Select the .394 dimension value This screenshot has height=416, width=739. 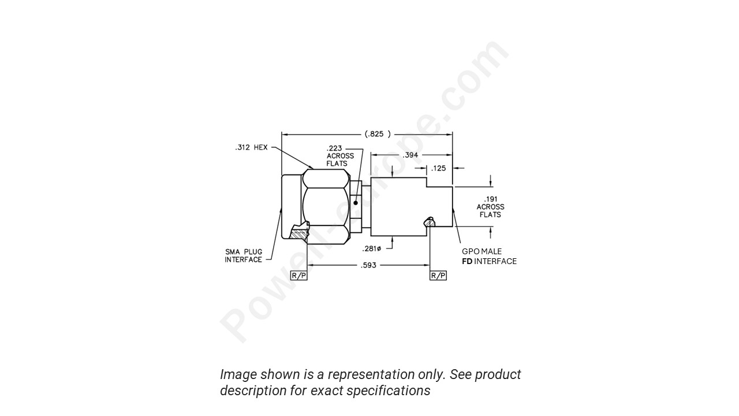coord(410,155)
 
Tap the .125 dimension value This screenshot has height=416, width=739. coord(439,168)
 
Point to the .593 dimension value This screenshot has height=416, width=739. coord(369,266)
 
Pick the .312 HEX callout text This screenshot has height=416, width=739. coord(251,147)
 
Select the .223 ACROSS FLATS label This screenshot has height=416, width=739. coord(340,156)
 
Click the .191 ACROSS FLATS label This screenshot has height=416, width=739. coord(490,207)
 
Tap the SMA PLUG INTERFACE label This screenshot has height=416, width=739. coord(243,255)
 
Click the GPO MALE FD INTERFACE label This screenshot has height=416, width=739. coord(489,257)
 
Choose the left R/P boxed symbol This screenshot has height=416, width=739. coord(298,276)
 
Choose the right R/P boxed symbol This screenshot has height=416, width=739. coord(438,276)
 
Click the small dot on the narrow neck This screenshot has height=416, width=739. coord(356,203)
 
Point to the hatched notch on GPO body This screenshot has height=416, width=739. coord(430,222)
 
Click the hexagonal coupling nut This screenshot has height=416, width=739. coord(325,206)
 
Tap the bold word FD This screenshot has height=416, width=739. coord(467,261)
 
